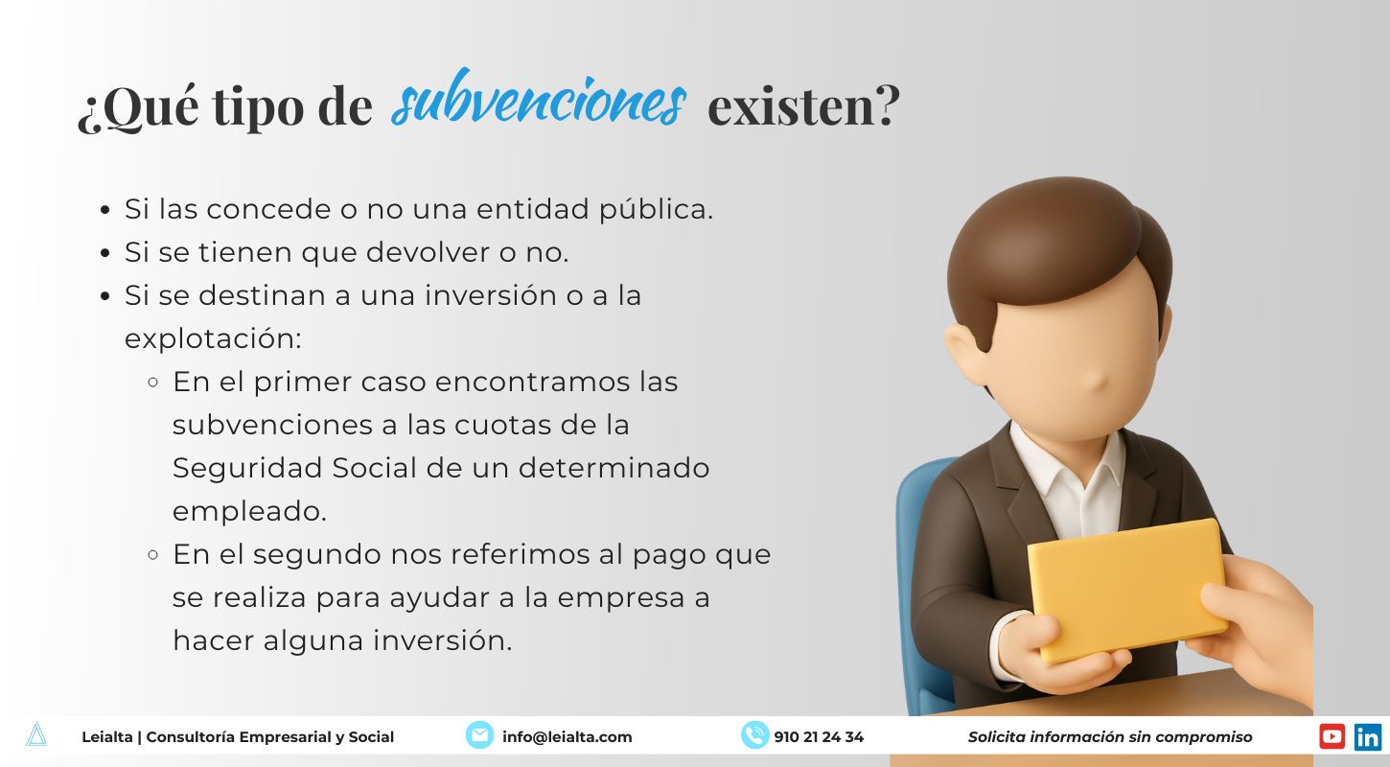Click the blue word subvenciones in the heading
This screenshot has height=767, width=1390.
tap(539, 103)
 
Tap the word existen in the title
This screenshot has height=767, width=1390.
tap(803, 105)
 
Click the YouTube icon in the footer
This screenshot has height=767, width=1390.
tap(1332, 736)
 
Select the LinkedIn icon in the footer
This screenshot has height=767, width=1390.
tap(1367, 736)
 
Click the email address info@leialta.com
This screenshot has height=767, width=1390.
tap(567, 737)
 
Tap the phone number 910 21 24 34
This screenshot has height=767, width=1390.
tap(819, 737)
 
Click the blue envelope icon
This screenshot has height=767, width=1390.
tap(479, 735)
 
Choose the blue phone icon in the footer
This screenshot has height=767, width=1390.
tap(754, 735)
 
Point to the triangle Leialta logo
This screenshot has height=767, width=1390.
tap(36, 735)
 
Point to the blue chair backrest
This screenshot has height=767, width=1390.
tap(915, 537)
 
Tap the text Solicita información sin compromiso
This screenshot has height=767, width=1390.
tap(1109, 737)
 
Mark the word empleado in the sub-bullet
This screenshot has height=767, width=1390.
tap(249, 511)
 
